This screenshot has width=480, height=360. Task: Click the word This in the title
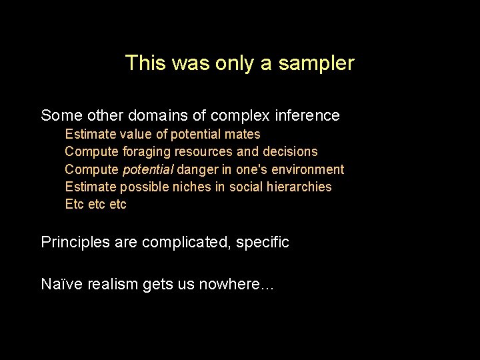141,63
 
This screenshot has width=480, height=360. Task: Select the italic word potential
148,169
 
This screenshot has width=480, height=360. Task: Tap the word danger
197,169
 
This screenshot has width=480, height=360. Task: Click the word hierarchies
300,187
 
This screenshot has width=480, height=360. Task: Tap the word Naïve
59,285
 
